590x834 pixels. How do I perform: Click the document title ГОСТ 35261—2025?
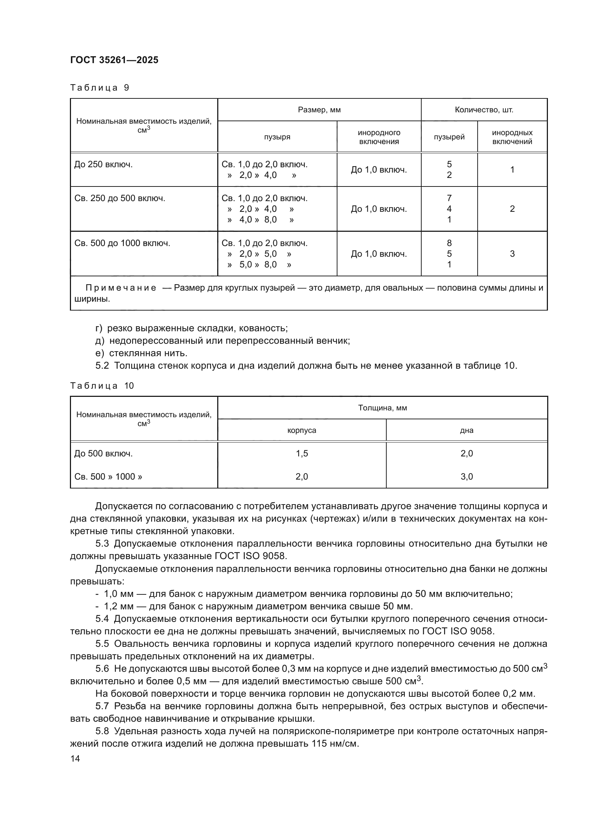pyautogui.click(x=114, y=60)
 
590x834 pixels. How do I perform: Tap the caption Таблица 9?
pyautogui.click(x=100, y=88)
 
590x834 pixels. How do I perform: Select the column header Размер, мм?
pyautogui.click(x=319, y=110)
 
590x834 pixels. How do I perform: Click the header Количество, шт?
pyautogui.click(x=484, y=110)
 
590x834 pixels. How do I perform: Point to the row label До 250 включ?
pyautogui.click(x=103, y=164)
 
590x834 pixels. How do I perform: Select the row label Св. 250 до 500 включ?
pyautogui.click(x=119, y=198)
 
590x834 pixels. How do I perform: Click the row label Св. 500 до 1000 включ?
pyautogui.click(x=122, y=243)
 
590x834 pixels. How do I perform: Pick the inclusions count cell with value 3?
pyautogui.click(x=512, y=254)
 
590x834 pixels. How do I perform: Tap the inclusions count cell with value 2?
pyautogui.click(x=512, y=209)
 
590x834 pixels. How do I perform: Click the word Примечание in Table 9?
pyautogui.click(x=121, y=288)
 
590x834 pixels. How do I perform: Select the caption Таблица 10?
pyautogui.click(x=102, y=386)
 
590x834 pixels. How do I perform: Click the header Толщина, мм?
pyautogui.click(x=382, y=408)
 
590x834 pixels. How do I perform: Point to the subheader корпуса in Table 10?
pyautogui.click(x=301, y=430)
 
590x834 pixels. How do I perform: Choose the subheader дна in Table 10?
pyautogui.click(x=467, y=430)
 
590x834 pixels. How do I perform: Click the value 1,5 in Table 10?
pyautogui.click(x=301, y=453)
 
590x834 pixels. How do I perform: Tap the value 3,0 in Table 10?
pyautogui.click(x=467, y=477)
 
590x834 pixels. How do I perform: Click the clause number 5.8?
pyautogui.click(x=102, y=731)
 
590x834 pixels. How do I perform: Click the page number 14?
pyautogui.click(x=75, y=758)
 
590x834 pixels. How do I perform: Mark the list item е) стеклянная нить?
pyautogui.click(x=142, y=353)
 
